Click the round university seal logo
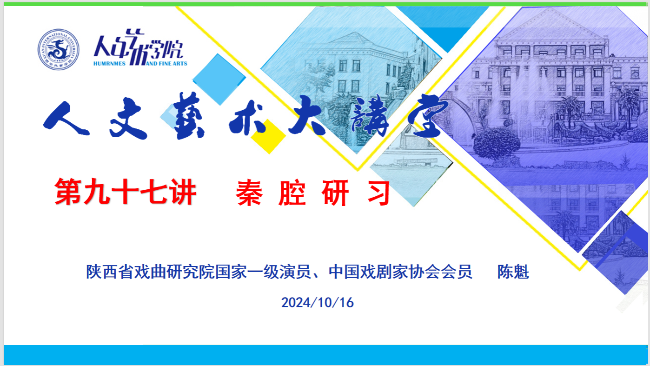pyautogui.click(x=58, y=49)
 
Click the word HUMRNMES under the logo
pyautogui.click(x=109, y=64)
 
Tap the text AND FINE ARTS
pyautogui.click(x=166, y=63)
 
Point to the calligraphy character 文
pyautogui.click(x=128, y=119)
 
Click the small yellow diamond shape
pyautogui.click(x=268, y=136)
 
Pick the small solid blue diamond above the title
pyautogui.click(x=219, y=79)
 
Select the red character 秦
pyautogui.click(x=249, y=193)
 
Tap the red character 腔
pyautogui.click(x=292, y=193)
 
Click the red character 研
pyautogui.click(x=335, y=193)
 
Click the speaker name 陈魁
pyautogui.click(x=513, y=272)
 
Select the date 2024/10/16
pyautogui.click(x=318, y=302)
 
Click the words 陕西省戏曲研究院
pyautogui.click(x=151, y=272)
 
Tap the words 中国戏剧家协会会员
pyautogui.click(x=400, y=272)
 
